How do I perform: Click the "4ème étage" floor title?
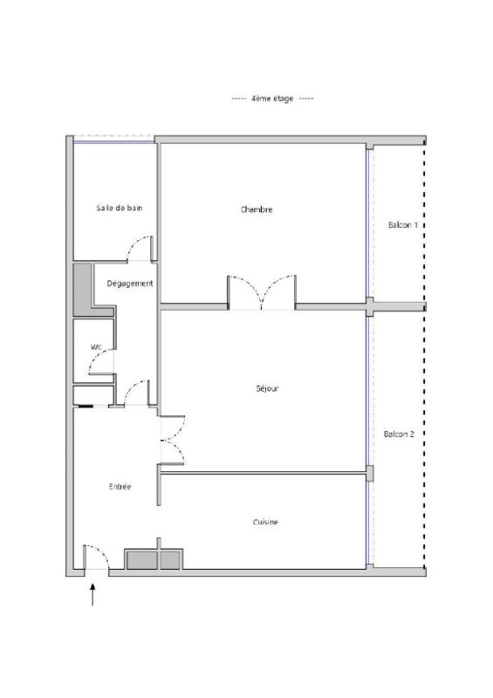[x=272, y=99]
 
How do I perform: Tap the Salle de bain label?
[x=120, y=208]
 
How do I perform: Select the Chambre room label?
[x=257, y=209]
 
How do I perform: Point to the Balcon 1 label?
[x=403, y=225]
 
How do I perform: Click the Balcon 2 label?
[x=399, y=434]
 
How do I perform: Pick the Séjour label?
[x=267, y=388]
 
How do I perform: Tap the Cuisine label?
[x=265, y=522]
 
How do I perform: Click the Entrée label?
[x=120, y=487]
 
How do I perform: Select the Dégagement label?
[x=130, y=284]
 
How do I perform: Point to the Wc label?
[x=96, y=346]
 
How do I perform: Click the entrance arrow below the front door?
[x=92, y=595]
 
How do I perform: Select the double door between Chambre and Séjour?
[x=262, y=292]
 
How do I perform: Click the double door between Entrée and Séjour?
[x=173, y=440]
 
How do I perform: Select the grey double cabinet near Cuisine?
[x=154, y=559]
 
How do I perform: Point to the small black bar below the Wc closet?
[x=86, y=406]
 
